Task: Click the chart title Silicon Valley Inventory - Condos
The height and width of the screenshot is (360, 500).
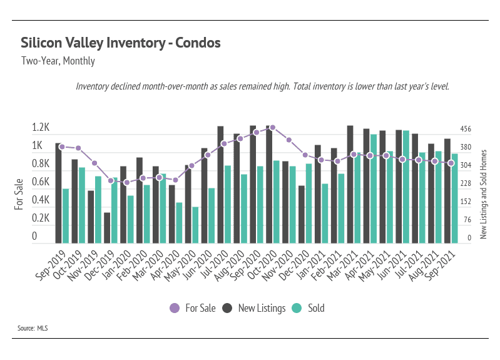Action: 121,43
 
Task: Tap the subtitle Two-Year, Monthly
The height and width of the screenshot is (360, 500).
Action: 58,61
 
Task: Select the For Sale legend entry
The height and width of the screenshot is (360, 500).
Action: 193,308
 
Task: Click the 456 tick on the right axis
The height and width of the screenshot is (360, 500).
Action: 466,130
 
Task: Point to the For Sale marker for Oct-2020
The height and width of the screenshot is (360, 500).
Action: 272,127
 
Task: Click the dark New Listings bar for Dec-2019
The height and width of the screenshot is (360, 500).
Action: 107,228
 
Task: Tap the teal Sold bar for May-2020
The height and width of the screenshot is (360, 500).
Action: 196,225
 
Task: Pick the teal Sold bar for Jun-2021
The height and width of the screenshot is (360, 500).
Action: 406,187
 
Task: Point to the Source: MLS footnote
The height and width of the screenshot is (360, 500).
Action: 33,327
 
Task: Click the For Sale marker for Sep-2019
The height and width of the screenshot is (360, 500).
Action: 61,147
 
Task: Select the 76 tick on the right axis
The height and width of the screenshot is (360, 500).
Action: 466,220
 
